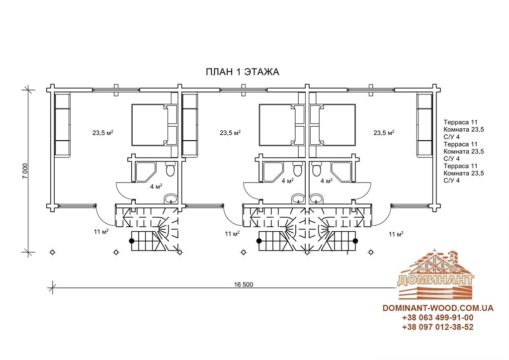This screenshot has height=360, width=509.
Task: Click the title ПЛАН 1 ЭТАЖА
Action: click(243, 72)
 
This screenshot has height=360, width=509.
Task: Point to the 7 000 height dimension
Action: click(26, 171)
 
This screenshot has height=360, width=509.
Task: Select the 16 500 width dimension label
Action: click(243, 285)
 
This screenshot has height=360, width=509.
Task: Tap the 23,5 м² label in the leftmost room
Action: click(102, 132)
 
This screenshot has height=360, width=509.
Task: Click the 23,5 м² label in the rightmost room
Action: click(384, 132)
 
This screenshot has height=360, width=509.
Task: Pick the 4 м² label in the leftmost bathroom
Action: click(156, 186)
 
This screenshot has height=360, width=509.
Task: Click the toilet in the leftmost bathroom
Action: click(170, 169)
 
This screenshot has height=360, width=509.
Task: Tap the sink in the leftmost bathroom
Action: click(170, 198)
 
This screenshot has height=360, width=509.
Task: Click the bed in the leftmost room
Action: click(154, 125)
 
